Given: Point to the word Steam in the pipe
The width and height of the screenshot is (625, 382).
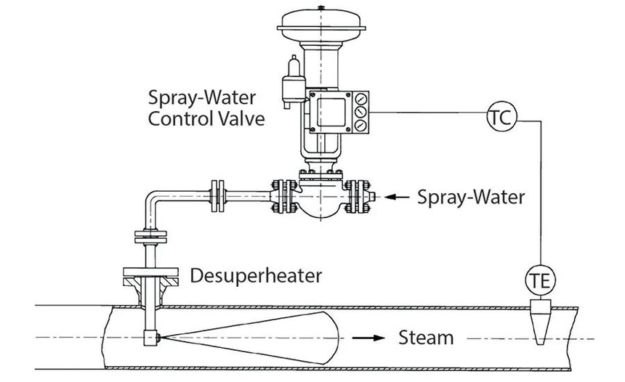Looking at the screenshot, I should tap(426, 338).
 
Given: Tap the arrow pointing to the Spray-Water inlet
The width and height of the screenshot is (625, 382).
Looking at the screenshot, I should tap(397, 196).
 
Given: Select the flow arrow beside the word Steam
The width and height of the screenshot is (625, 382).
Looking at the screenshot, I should tap(368, 338).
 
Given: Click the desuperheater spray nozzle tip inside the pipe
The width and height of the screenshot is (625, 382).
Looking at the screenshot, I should tap(150, 338).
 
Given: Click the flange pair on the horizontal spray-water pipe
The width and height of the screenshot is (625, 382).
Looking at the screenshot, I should tap(217, 195).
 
